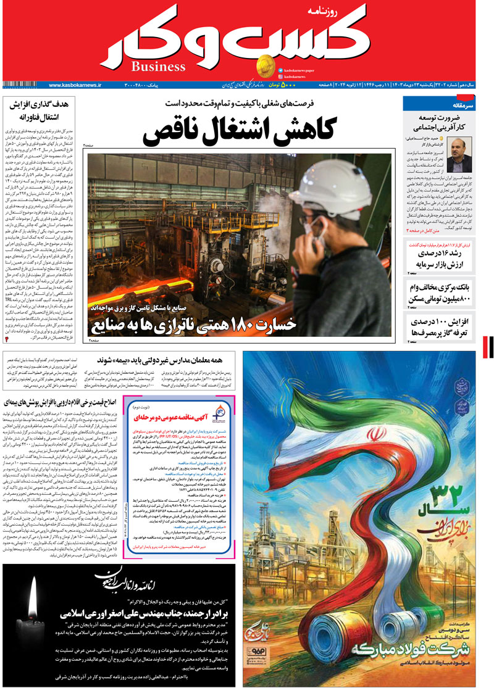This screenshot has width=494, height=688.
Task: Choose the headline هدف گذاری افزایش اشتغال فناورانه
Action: coord(43,110)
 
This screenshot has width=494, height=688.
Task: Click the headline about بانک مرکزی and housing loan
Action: coord(439,293)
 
